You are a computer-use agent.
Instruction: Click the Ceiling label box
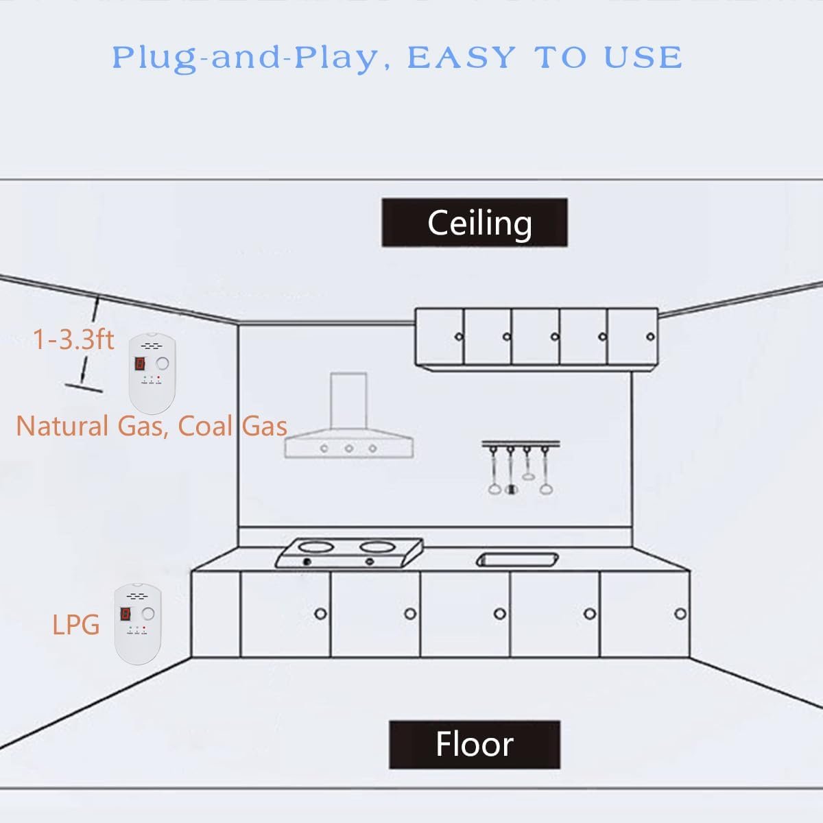click(475, 223)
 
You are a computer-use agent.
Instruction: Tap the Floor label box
click(475, 744)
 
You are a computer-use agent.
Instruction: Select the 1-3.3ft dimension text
click(73, 339)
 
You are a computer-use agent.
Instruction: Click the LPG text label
click(76, 625)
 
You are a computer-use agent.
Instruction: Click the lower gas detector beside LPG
click(137, 623)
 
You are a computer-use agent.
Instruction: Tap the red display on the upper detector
click(140, 364)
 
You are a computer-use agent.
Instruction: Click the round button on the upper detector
click(163, 363)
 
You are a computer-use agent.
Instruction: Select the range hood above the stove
click(349, 425)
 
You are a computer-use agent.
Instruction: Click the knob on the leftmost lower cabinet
click(320, 613)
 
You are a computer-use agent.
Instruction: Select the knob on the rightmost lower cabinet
click(680, 613)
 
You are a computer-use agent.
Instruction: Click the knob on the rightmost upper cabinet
click(650, 337)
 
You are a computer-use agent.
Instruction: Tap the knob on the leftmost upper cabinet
click(459, 337)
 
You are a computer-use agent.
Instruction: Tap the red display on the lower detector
click(126, 614)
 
